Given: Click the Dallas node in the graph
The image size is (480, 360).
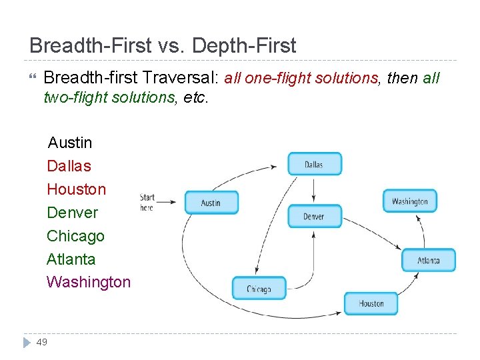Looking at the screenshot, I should [x=314, y=164].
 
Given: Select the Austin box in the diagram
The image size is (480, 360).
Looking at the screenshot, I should [x=211, y=203].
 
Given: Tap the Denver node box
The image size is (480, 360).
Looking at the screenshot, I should [x=314, y=216].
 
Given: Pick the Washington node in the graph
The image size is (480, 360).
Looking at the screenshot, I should [x=409, y=201].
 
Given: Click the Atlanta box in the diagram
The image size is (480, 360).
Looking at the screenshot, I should [x=428, y=260].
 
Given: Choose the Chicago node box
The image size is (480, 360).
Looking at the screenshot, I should [x=259, y=289].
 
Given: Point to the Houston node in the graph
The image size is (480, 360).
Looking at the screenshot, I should [x=371, y=303].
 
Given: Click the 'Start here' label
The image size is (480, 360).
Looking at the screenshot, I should [x=147, y=202].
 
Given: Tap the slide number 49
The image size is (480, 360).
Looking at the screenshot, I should [x=41, y=342].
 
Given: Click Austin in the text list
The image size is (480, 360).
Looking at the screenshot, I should [x=70, y=143].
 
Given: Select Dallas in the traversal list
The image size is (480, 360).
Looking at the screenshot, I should [x=69, y=166].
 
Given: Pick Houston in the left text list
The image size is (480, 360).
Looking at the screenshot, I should [x=76, y=189].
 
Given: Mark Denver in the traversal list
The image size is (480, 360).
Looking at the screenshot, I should [x=72, y=213].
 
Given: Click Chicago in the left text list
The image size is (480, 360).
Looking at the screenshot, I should [x=75, y=236].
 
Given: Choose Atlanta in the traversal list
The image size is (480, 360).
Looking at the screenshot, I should [x=71, y=259].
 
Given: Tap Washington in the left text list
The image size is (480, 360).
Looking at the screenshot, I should [x=89, y=282].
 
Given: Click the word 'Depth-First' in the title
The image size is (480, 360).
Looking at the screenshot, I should [x=253, y=46].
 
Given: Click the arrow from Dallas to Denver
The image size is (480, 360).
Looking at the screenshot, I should [x=314, y=190].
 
